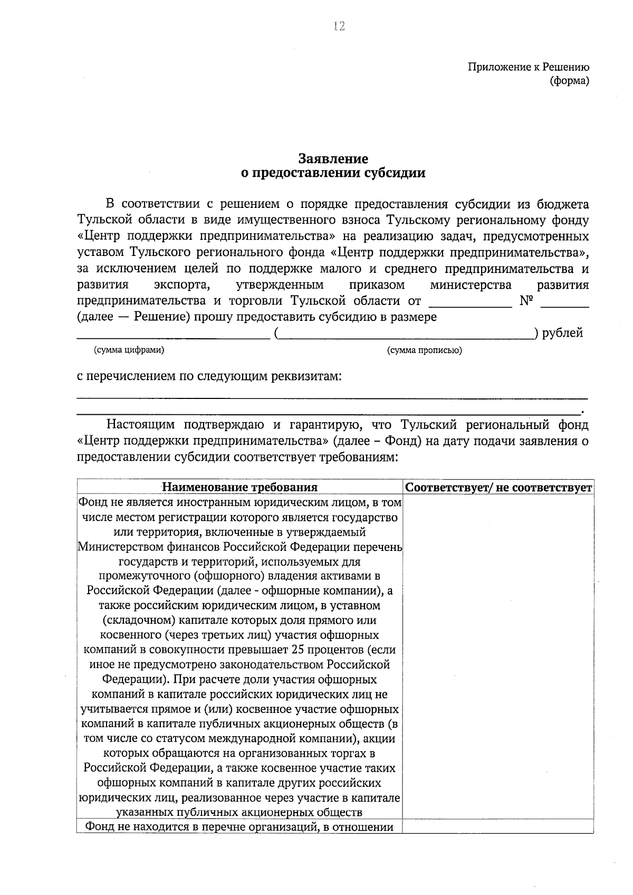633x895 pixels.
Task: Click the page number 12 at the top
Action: click(338, 26)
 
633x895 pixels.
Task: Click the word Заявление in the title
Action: click(333, 158)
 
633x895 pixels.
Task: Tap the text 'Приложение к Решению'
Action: click(528, 67)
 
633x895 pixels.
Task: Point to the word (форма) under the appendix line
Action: click(569, 81)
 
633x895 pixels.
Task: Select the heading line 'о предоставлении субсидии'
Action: click(333, 173)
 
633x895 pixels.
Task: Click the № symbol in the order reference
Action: click(527, 301)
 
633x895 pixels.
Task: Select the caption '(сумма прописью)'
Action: click(424, 350)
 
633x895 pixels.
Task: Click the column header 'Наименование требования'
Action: click(239, 487)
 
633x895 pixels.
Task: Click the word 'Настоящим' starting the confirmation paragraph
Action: click(140, 424)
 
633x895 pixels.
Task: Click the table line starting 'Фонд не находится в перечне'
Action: click(239, 827)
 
